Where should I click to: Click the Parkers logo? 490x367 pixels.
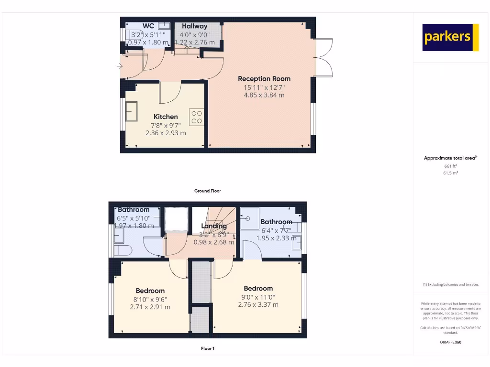point(450,37)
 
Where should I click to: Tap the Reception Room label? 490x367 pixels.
point(264,79)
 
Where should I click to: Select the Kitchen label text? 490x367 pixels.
point(166,117)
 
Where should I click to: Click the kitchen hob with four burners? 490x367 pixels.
point(196,117)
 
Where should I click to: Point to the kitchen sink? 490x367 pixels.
point(131,111)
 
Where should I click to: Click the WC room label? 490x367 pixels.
point(148,26)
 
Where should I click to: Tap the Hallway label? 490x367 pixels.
point(194,26)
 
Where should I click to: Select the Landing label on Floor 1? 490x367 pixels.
point(214,226)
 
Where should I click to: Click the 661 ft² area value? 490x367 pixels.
point(450,166)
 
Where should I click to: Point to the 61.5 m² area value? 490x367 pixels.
point(450,173)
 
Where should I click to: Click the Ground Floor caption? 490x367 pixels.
point(208,191)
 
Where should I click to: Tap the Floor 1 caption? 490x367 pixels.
point(208,348)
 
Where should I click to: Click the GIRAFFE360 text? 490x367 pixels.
point(450,342)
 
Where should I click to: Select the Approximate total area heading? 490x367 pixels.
point(450,158)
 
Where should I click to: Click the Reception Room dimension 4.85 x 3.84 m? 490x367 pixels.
point(264,95)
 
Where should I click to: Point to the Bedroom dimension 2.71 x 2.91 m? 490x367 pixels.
point(150,307)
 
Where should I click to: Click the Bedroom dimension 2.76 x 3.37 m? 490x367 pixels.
point(258,304)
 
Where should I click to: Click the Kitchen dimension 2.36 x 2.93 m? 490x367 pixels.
point(166,133)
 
